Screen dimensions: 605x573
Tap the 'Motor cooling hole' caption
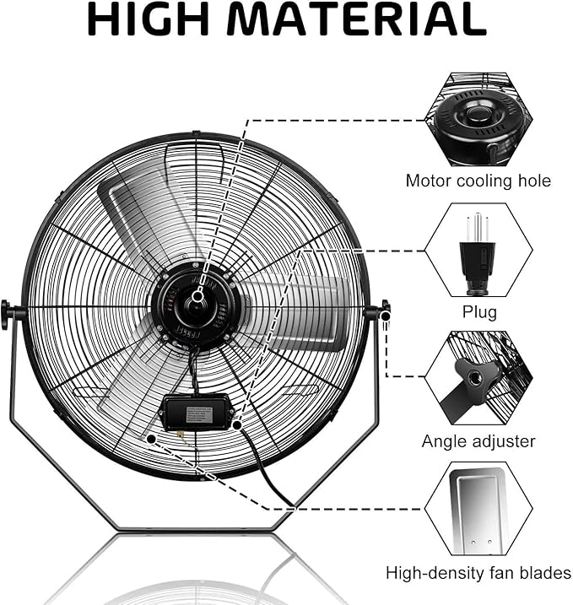click(478, 181)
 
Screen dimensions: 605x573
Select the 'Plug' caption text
click(478, 313)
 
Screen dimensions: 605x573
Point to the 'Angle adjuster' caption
click(478, 441)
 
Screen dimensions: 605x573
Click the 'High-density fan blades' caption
click(478, 574)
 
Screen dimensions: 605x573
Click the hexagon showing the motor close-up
click(478, 117)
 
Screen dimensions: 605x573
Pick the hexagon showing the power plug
click(478, 251)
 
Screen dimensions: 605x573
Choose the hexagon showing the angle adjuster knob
click(478, 377)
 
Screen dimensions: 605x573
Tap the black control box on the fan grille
click(195, 413)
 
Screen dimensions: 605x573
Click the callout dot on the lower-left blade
click(150, 439)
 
